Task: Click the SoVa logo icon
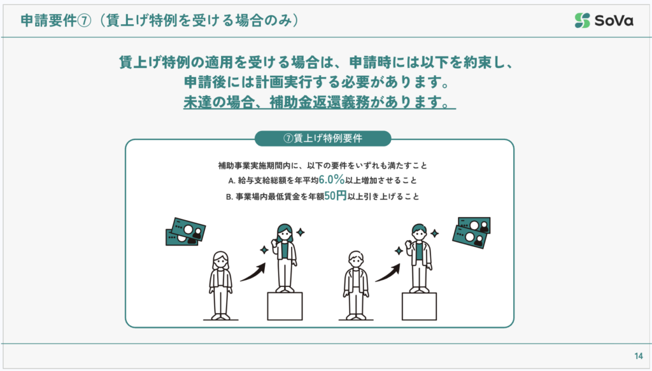[x=582, y=20]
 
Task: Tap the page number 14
[x=639, y=356]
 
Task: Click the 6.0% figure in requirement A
[x=331, y=179]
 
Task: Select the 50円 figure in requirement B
[x=335, y=195]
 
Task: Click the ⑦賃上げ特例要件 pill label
[x=323, y=138]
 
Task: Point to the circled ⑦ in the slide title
[x=84, y=20]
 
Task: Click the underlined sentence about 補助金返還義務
[x=320, y=102]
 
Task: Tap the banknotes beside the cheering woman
[x=185, y=232]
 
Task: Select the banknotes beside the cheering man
[x=472, y=232]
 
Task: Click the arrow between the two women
[x=253, y=272]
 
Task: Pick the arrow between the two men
[x=388, y=272]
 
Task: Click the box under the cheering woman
[x=285, y=306]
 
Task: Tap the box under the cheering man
[x=419, y=306]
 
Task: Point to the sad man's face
[x=356, y=262]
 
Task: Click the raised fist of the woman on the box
[x=274, y=241]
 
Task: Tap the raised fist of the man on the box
[x=409, y=242]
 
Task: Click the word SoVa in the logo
[x=614, y=20]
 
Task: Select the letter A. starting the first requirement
[x=232, y=181]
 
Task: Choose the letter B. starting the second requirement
[x=229, y=197]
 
